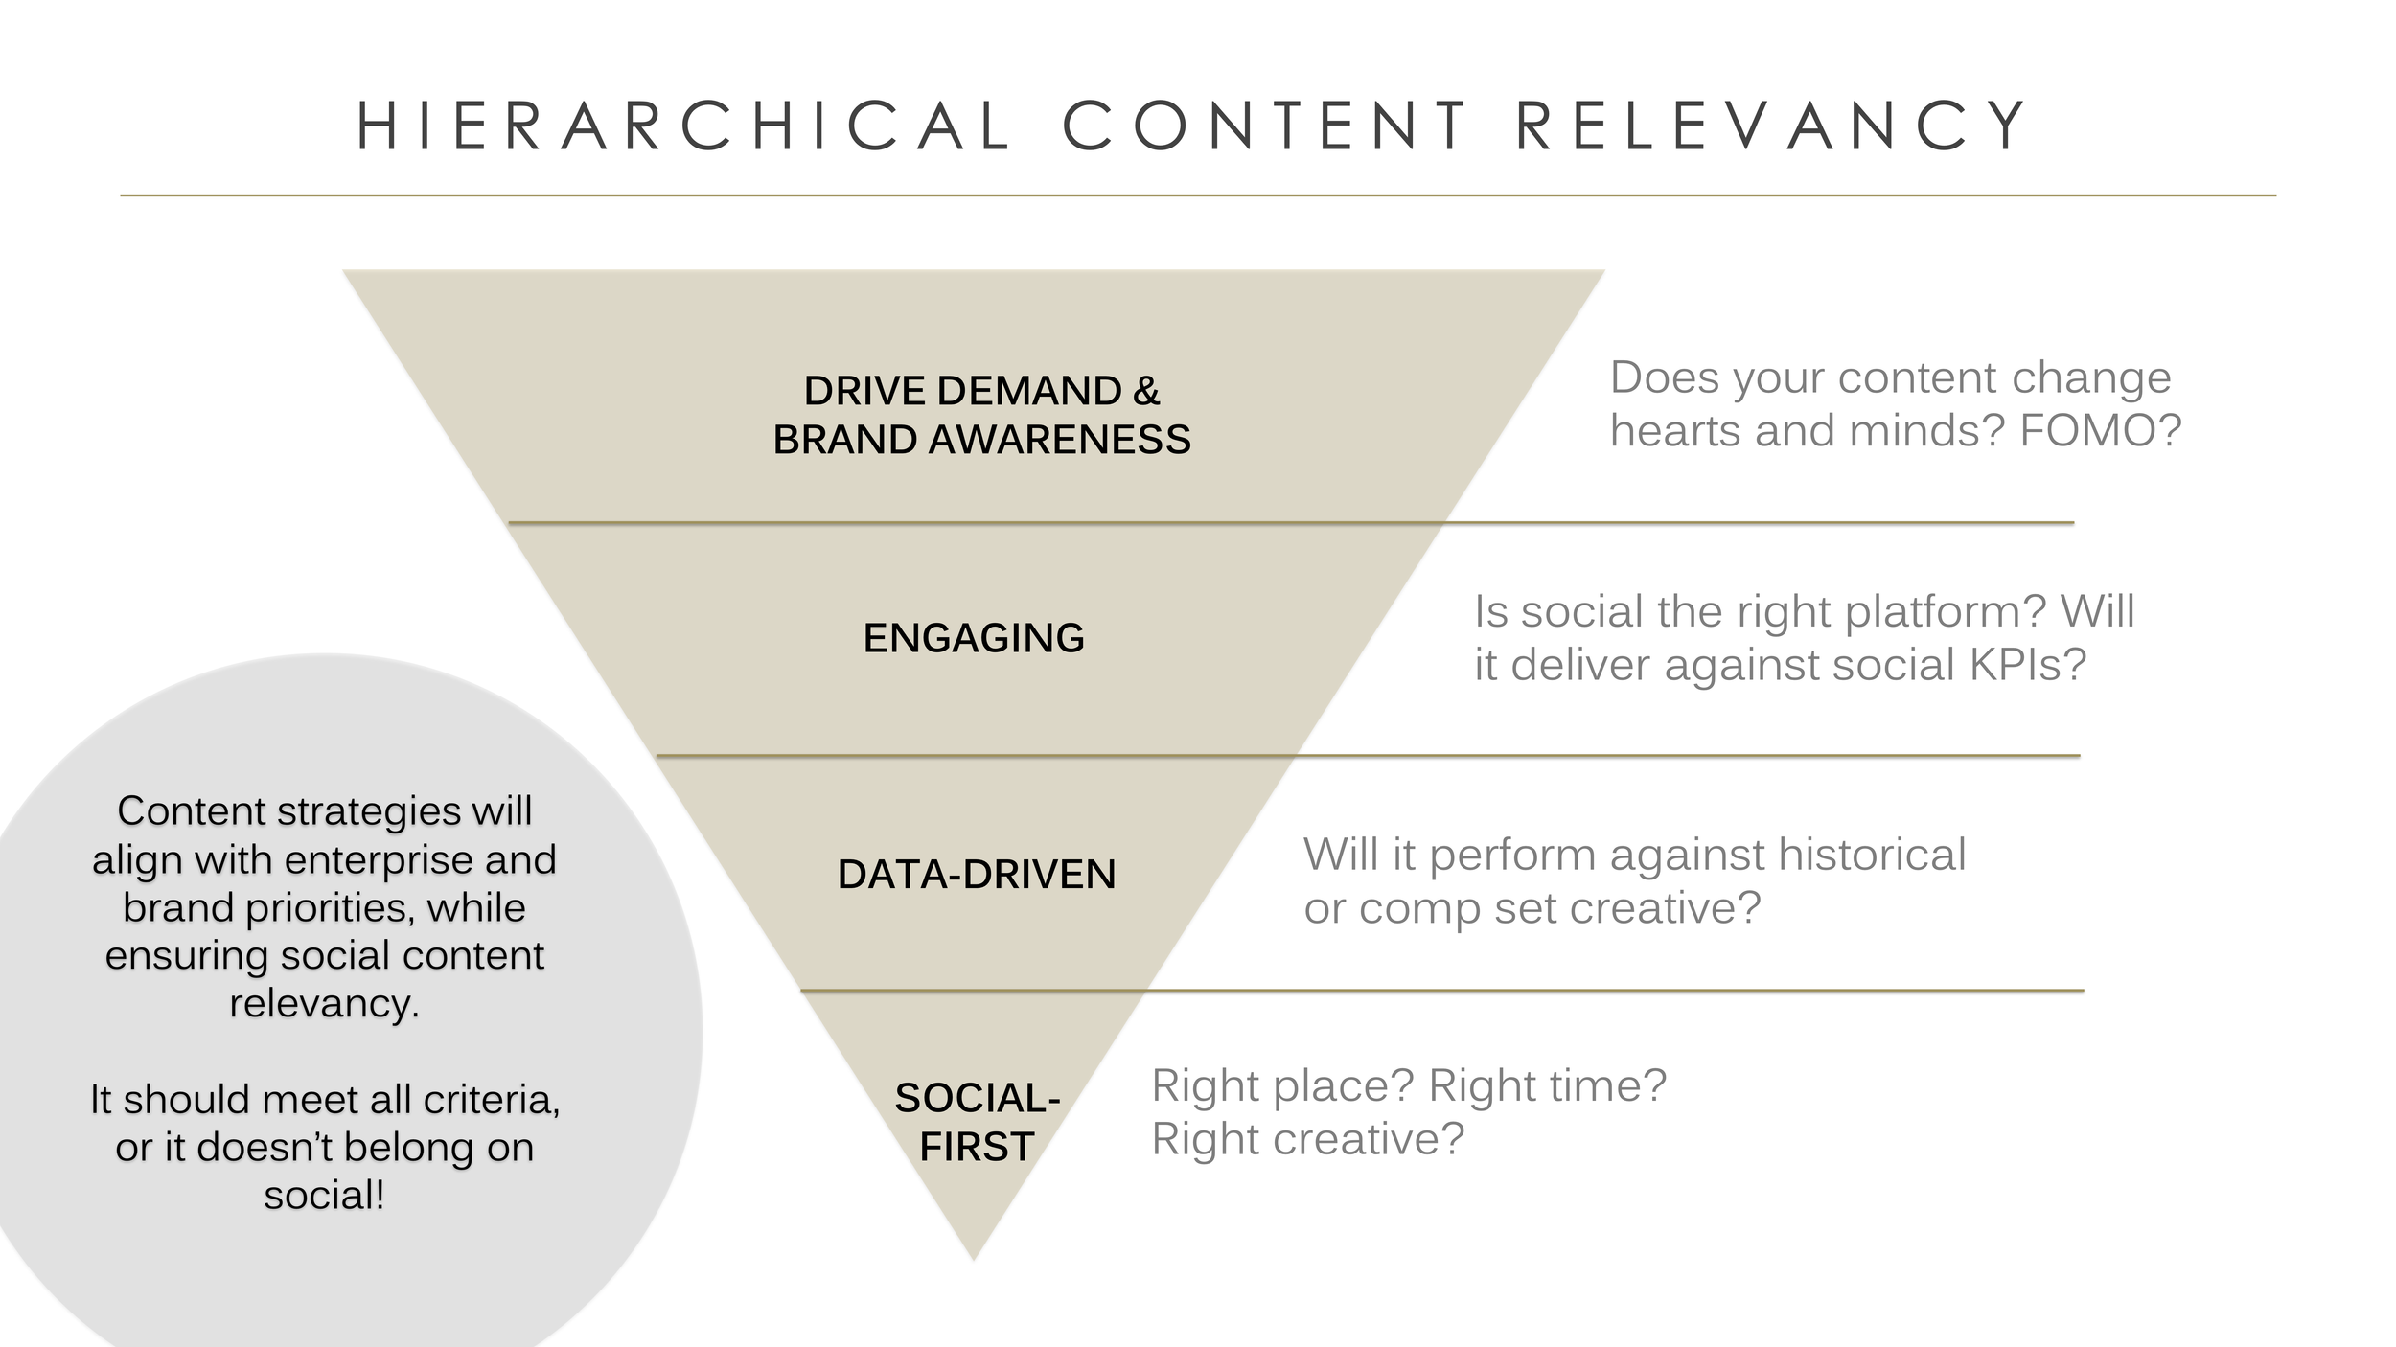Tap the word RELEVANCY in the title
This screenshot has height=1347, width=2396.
point(1771,126)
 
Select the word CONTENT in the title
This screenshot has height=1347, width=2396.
point(1265,126)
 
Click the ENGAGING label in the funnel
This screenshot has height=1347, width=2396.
point(974,638)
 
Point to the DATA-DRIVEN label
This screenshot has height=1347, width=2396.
point(977,875)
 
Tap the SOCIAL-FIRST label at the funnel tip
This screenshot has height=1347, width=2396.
point(977,1122)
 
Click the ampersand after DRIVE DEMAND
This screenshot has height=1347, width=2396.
point(1146,391)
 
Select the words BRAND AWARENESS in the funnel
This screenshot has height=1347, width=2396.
point(981,440)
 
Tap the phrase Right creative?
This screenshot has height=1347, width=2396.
point(1308,1139)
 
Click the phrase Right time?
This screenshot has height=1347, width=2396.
point(1548,1085)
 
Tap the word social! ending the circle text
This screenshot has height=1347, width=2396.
point(324,1196)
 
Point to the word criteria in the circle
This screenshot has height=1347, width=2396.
point(492,1100)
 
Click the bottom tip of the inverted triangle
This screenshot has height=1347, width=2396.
point(974,1257)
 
